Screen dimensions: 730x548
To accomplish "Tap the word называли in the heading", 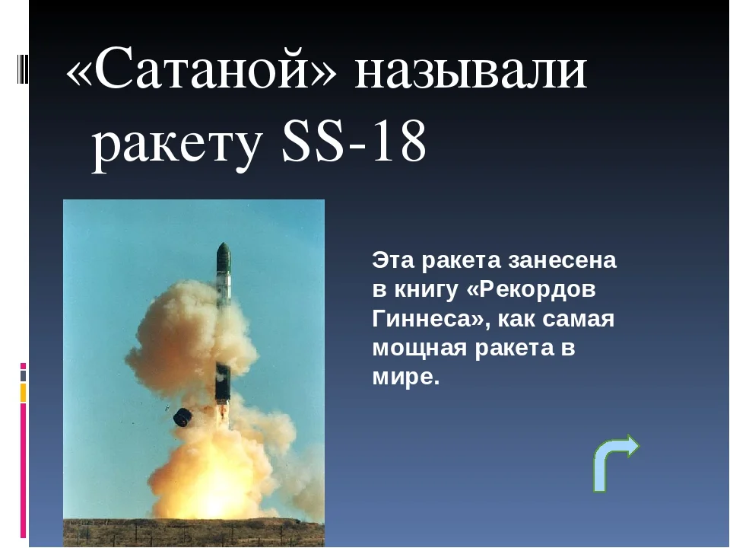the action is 471,69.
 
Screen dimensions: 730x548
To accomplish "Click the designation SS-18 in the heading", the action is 354,139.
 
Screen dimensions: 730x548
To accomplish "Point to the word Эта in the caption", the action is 393,260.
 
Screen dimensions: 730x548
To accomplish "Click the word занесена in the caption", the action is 562,260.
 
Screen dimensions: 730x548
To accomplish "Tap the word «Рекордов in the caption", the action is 531,289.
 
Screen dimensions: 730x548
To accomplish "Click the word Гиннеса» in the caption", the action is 430,319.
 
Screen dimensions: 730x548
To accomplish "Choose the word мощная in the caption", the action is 420,349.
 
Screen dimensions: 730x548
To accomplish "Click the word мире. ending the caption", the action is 406,378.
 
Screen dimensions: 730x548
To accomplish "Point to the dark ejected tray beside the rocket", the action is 182,417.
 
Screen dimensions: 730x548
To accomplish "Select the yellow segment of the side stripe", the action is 23,393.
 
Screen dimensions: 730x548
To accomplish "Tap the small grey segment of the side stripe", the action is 23,375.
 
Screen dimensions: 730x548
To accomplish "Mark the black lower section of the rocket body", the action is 223,382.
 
